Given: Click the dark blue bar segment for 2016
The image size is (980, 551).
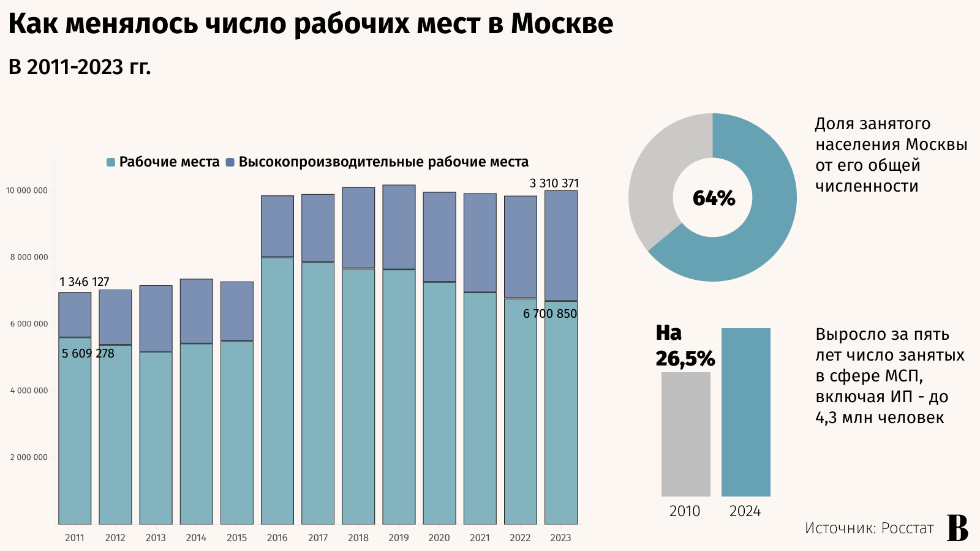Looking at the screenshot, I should tap(277, 227).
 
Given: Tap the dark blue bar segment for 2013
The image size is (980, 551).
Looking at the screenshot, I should tap(156, 318).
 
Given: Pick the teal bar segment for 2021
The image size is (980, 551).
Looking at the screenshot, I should tap(480, 408).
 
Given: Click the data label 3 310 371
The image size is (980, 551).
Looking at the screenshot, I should tap(554, 183).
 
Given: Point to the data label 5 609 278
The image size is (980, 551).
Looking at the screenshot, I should tap(88, 353).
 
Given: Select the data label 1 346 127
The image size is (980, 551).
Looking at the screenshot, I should tap(85, 282).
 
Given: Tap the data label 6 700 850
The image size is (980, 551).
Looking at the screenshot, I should tap(549, 313).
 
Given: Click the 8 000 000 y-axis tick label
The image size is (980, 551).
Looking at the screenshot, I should tap(29, 257).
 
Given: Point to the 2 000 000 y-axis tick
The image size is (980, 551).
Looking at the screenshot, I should tap(29, 457).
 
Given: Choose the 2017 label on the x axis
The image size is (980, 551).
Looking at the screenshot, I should tap(317, 538).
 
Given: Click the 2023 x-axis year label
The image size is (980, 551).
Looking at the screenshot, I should tap(560, 538).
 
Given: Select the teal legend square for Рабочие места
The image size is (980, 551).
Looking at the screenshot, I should tap(111, 162).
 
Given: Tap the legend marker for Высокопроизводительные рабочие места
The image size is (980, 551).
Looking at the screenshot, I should tap(230, 162).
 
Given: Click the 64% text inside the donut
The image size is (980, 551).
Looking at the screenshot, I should tap(714, 198).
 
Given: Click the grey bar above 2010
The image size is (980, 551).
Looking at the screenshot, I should tap(685, 434).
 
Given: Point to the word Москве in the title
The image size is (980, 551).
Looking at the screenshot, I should tap(562, 23).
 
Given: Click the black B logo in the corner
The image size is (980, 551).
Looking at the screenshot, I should tap(957, 527).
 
